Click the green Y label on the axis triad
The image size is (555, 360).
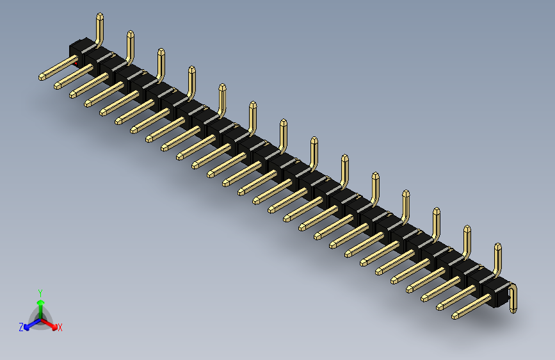click(x=40, y=292)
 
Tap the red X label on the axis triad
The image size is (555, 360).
click(x=60, y=327)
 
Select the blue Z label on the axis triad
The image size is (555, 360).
click(x=21, y=327)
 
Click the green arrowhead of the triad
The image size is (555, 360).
click(x=40, y=301)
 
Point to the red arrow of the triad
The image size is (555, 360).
click(x=51, y=323)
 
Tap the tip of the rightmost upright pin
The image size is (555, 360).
click(x=497, y=246)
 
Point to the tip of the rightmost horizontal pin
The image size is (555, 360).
click(x=456, y=315)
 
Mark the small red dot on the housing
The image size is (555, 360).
click(x=77, y=64)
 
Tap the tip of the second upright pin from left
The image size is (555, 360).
click(x=130, y=33)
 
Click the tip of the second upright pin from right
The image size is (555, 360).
click(x=467, y=228)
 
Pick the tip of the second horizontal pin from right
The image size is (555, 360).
click(x=440, y=307)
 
